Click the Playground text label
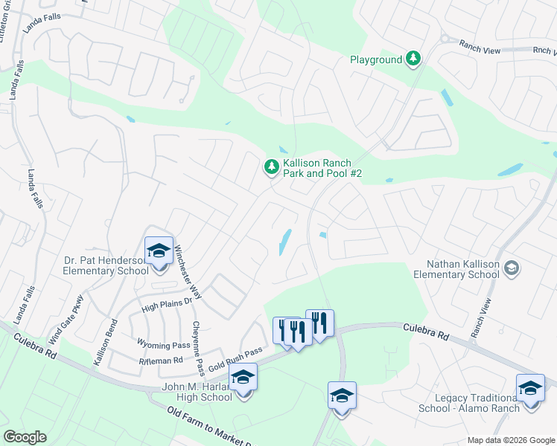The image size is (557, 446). [376, 59]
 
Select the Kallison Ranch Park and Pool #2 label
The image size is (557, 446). [322, 168]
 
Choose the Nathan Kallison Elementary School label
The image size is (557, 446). [462, 269]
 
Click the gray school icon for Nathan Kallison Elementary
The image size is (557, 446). [511, 267]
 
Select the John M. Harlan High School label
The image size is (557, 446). [197, 392]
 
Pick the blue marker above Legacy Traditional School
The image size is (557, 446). [530, 389]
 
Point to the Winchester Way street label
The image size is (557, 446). [188, 264]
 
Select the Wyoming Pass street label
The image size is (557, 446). [163, 345]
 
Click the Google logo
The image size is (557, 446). [25, 437]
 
